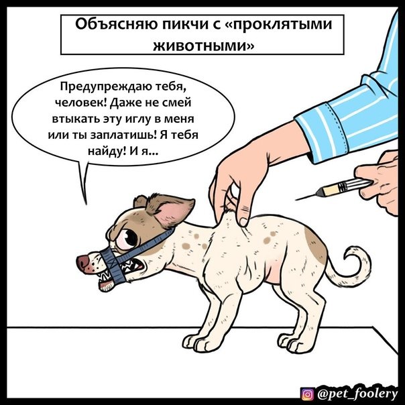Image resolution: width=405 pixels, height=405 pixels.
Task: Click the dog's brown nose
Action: click(x=82, y=262)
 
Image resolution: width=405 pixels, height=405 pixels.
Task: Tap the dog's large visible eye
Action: click(x=127, y=239)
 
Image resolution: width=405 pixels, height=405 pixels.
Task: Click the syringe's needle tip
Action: click(x=296, y=200)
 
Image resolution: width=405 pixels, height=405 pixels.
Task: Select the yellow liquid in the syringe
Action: click(x=331, y=189)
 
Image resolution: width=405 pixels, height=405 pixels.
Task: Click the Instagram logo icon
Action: click(x=308, y=394)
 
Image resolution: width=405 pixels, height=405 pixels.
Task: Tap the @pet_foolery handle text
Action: click(x=357, y=394)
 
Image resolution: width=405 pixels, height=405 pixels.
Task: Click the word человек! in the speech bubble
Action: click(x=82, y=103)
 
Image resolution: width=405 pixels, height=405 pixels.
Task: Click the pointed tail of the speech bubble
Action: click(x=86, y=204)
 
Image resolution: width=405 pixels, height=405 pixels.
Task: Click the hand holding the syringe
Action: click(x=379, y=181)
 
